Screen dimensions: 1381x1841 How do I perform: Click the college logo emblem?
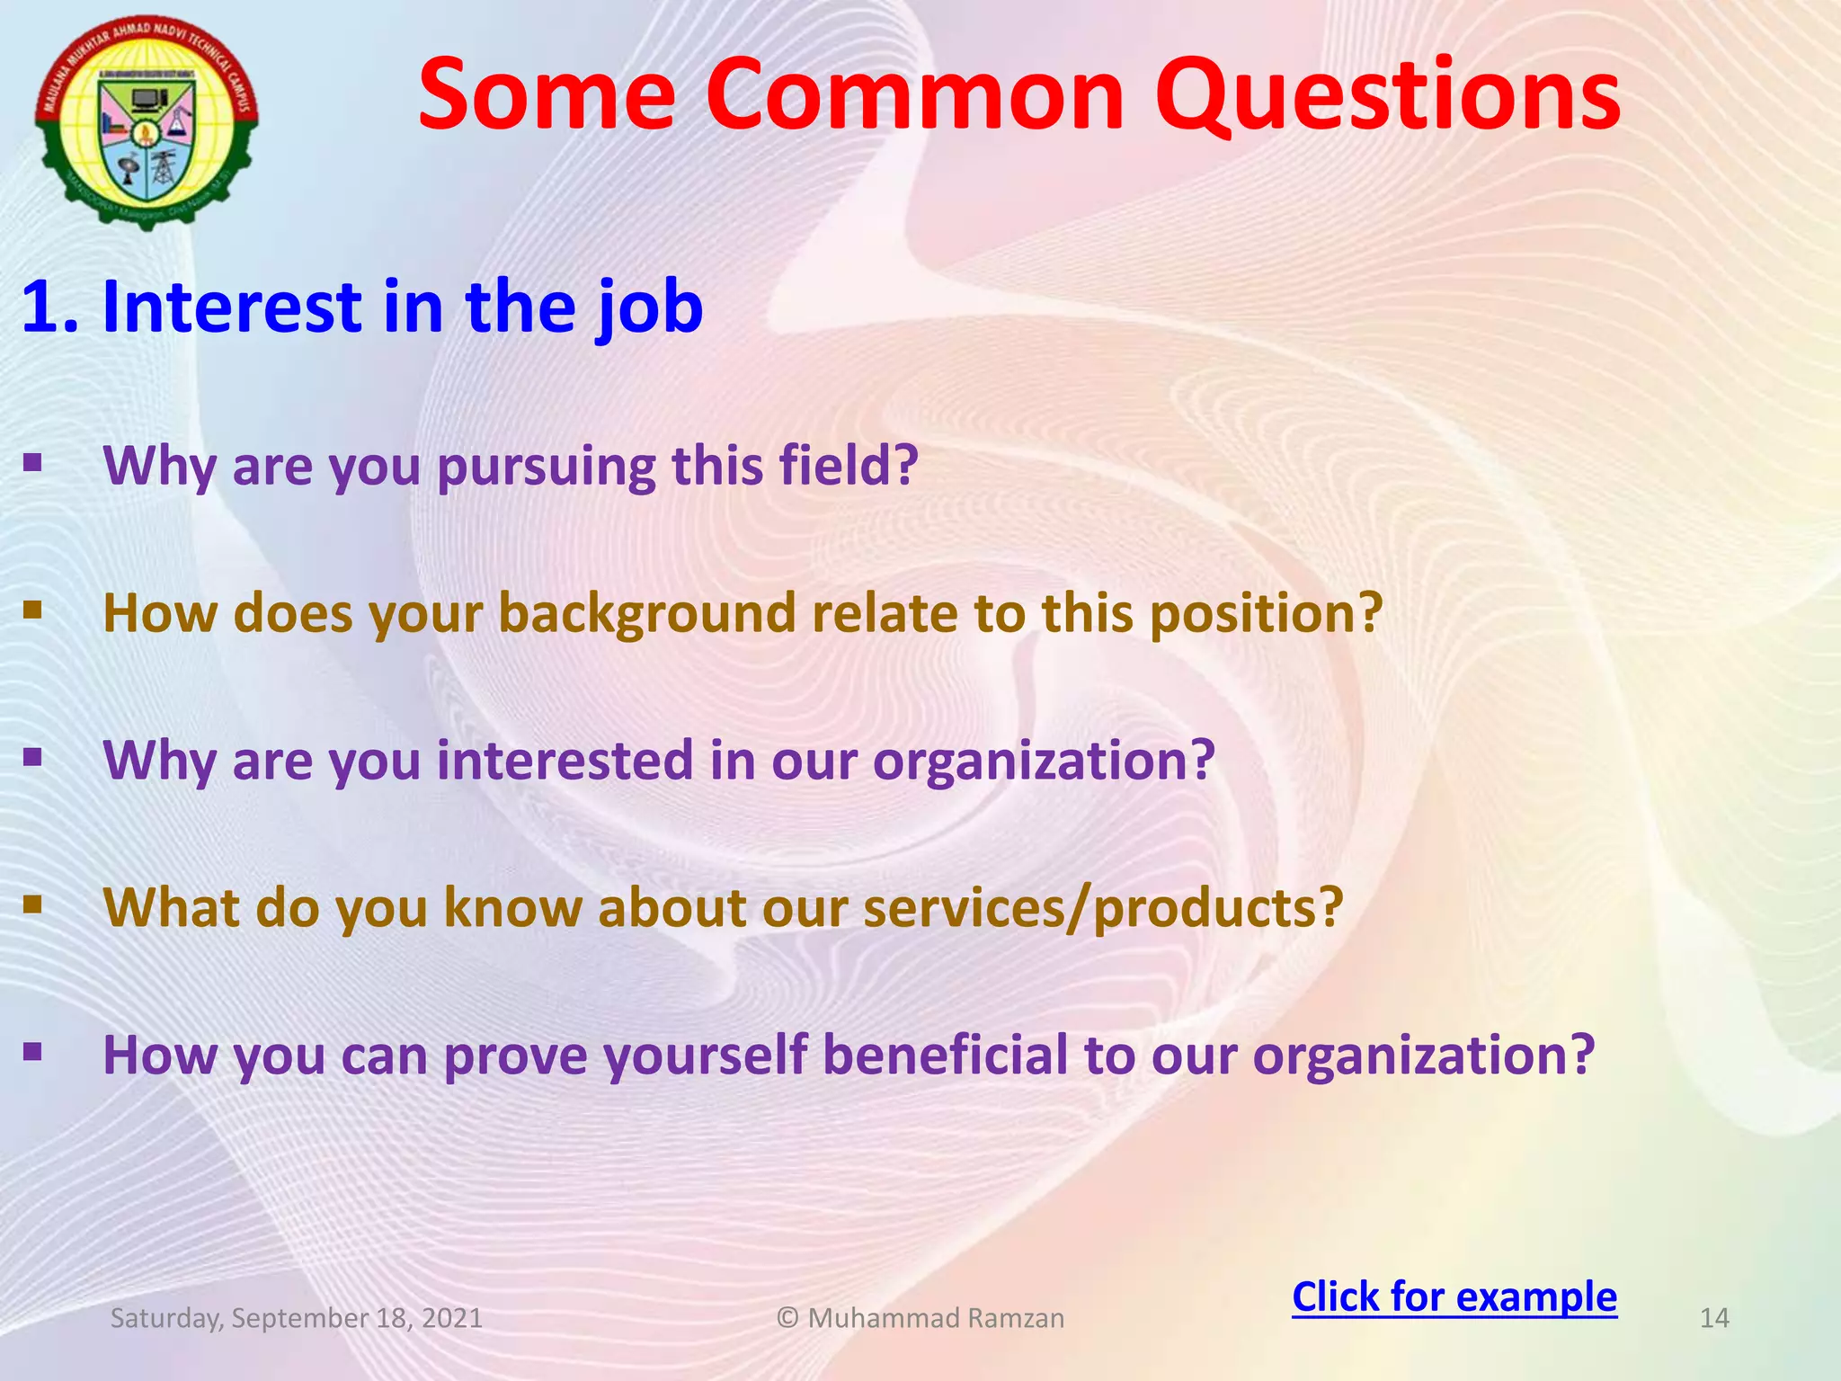click(x=147, y=121)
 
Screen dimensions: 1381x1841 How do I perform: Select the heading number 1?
click(x=49, y=307)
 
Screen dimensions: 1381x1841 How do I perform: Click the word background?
click(x=647, y=615)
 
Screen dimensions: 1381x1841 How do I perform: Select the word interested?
click(x=565, y=761)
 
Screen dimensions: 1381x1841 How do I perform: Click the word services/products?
click(x=1103, y=908)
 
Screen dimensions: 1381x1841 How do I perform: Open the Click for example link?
click(x=1454, y=1296)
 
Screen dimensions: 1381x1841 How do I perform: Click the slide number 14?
click(x=1714, y=1318)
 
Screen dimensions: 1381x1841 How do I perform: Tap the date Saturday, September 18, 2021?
click(x=297, y=1318)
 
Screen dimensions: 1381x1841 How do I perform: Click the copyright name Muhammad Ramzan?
click(x=935, y=1318)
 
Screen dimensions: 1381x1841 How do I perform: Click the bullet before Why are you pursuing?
click(x=33, y=463)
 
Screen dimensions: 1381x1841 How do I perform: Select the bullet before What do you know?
click(x=33, y=904)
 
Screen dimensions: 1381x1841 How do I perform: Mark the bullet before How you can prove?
click(x=33, y=1051)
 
